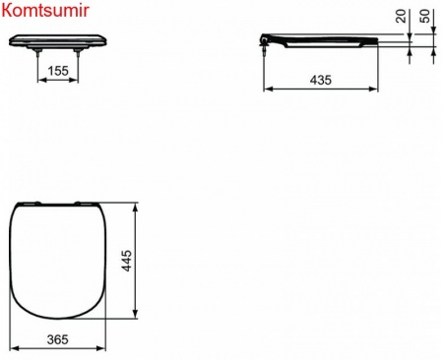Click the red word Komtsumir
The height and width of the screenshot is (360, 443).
point(37,11)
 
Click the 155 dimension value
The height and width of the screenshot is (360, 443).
point(59,72)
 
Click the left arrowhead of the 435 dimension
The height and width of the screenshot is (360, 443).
point(267,89)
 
